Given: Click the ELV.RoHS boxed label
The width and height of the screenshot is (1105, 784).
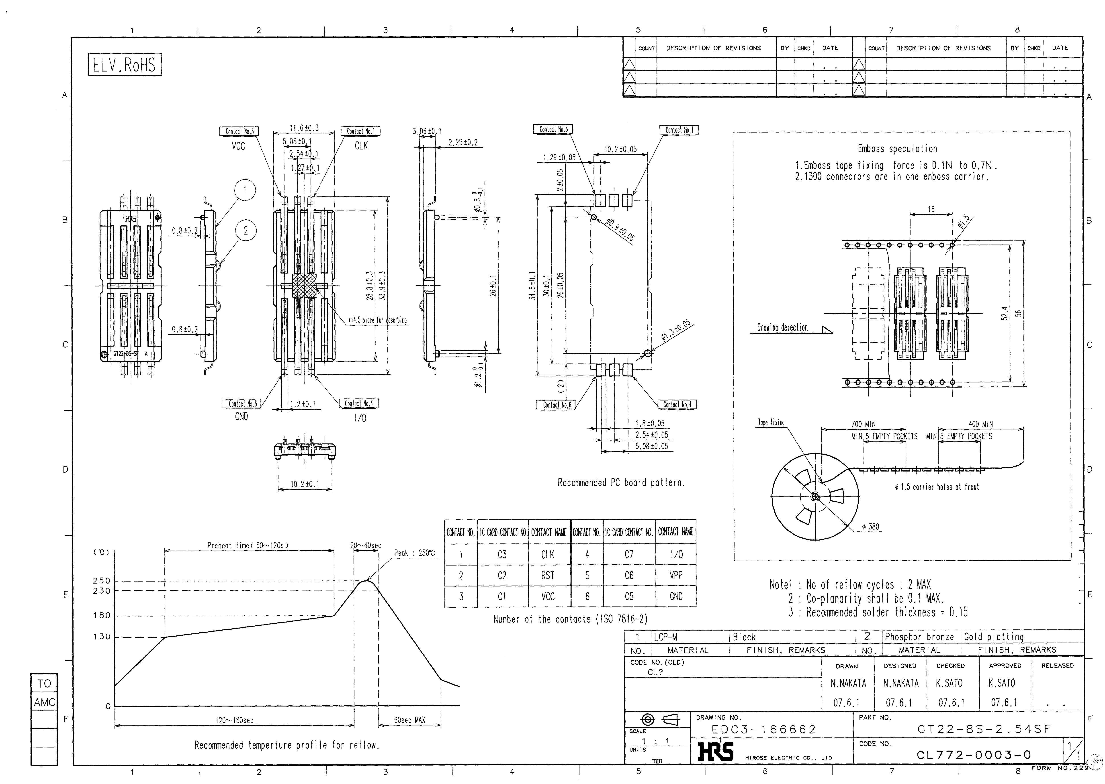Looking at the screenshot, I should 125,65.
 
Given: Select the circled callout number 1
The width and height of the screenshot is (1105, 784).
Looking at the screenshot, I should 245,190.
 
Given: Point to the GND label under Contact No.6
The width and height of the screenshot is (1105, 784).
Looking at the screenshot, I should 241,416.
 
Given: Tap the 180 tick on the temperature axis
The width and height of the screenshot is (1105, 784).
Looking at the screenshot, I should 102,616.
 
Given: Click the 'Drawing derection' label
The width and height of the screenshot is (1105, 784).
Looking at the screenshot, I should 782,328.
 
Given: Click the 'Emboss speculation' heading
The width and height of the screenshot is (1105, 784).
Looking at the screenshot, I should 897,149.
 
